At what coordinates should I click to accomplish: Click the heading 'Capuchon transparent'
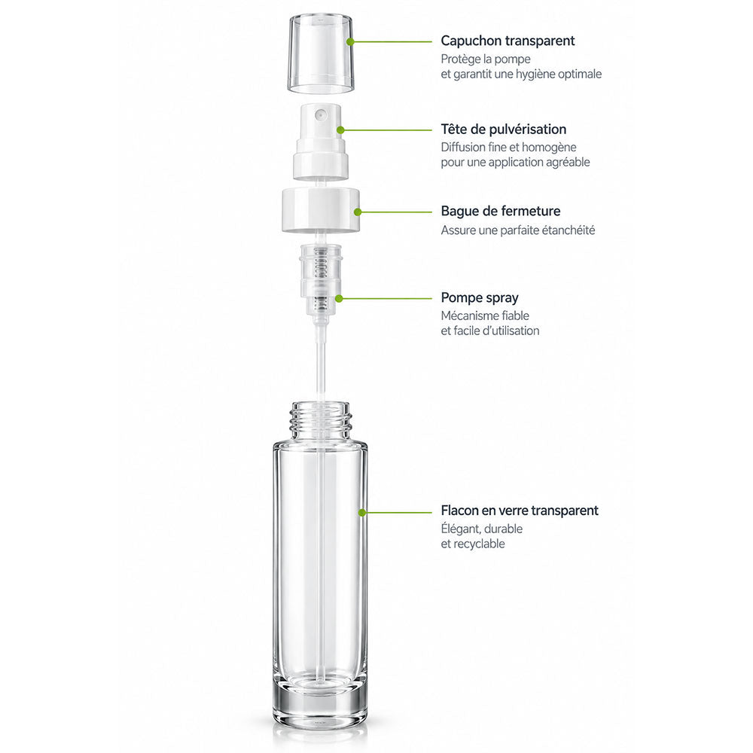508,41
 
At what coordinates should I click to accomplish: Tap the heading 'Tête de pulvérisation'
504,130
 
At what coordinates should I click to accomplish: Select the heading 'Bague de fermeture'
501,212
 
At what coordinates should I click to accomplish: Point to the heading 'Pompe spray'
480,298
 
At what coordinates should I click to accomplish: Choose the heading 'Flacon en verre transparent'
520,511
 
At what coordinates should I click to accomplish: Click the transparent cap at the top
321,53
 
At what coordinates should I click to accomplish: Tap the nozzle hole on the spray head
320,114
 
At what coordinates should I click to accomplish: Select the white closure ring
320,210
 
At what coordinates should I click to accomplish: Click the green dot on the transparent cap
350,41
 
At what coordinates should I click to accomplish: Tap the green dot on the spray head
340,130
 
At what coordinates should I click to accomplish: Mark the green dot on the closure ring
357,212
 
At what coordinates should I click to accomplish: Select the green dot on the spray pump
339,299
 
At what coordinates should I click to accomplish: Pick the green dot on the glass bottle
362,513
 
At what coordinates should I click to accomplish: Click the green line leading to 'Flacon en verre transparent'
397,513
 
